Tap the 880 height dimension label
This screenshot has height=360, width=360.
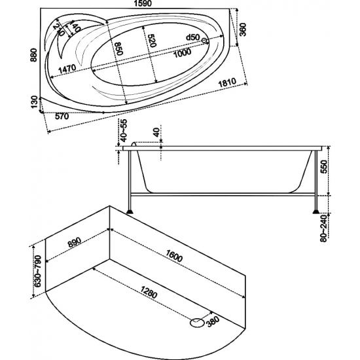click(34, 55)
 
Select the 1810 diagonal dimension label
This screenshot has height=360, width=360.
click(227, 82)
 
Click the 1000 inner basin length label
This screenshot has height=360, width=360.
click(182, 53)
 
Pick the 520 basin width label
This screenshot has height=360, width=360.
click(152, 41)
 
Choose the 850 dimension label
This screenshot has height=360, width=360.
click(118, 48)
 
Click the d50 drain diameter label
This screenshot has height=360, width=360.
click(193, 37)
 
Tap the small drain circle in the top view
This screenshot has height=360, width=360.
click(204, 41)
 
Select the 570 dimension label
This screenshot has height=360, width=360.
click(62, 117)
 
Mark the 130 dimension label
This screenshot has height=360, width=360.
click(34, 102)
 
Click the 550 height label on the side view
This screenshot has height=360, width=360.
click(323, 167)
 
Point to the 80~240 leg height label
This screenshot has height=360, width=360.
click(323, 228)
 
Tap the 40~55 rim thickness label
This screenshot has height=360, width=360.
click(124, 131)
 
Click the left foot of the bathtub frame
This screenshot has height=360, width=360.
click(131, 211)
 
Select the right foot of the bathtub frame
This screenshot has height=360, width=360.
click(316, 211)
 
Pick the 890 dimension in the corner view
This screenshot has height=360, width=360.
click(75, 242)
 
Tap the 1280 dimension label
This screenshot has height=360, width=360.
click(149, 293)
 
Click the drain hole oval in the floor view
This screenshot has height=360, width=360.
click(197, 323)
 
